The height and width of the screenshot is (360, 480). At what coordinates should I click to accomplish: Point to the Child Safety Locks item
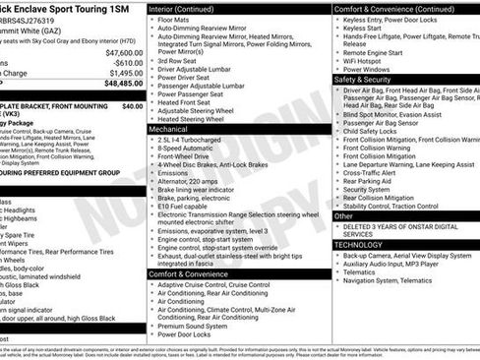(374, 131)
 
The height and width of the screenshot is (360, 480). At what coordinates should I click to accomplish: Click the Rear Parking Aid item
(369, 180)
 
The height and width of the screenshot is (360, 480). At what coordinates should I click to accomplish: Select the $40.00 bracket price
(130, 104)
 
